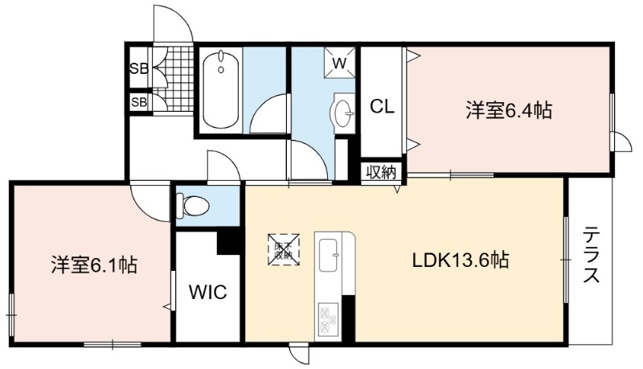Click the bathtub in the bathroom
221,89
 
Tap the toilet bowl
192,206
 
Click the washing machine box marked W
339,63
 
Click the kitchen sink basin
328,255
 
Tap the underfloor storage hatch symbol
284,249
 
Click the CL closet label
383,107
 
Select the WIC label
208,293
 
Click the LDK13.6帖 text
461,260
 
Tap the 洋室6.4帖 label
509,110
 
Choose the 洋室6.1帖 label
94,264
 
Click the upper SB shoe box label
138,68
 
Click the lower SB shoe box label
138,101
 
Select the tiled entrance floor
177,78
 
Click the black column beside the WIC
228,242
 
